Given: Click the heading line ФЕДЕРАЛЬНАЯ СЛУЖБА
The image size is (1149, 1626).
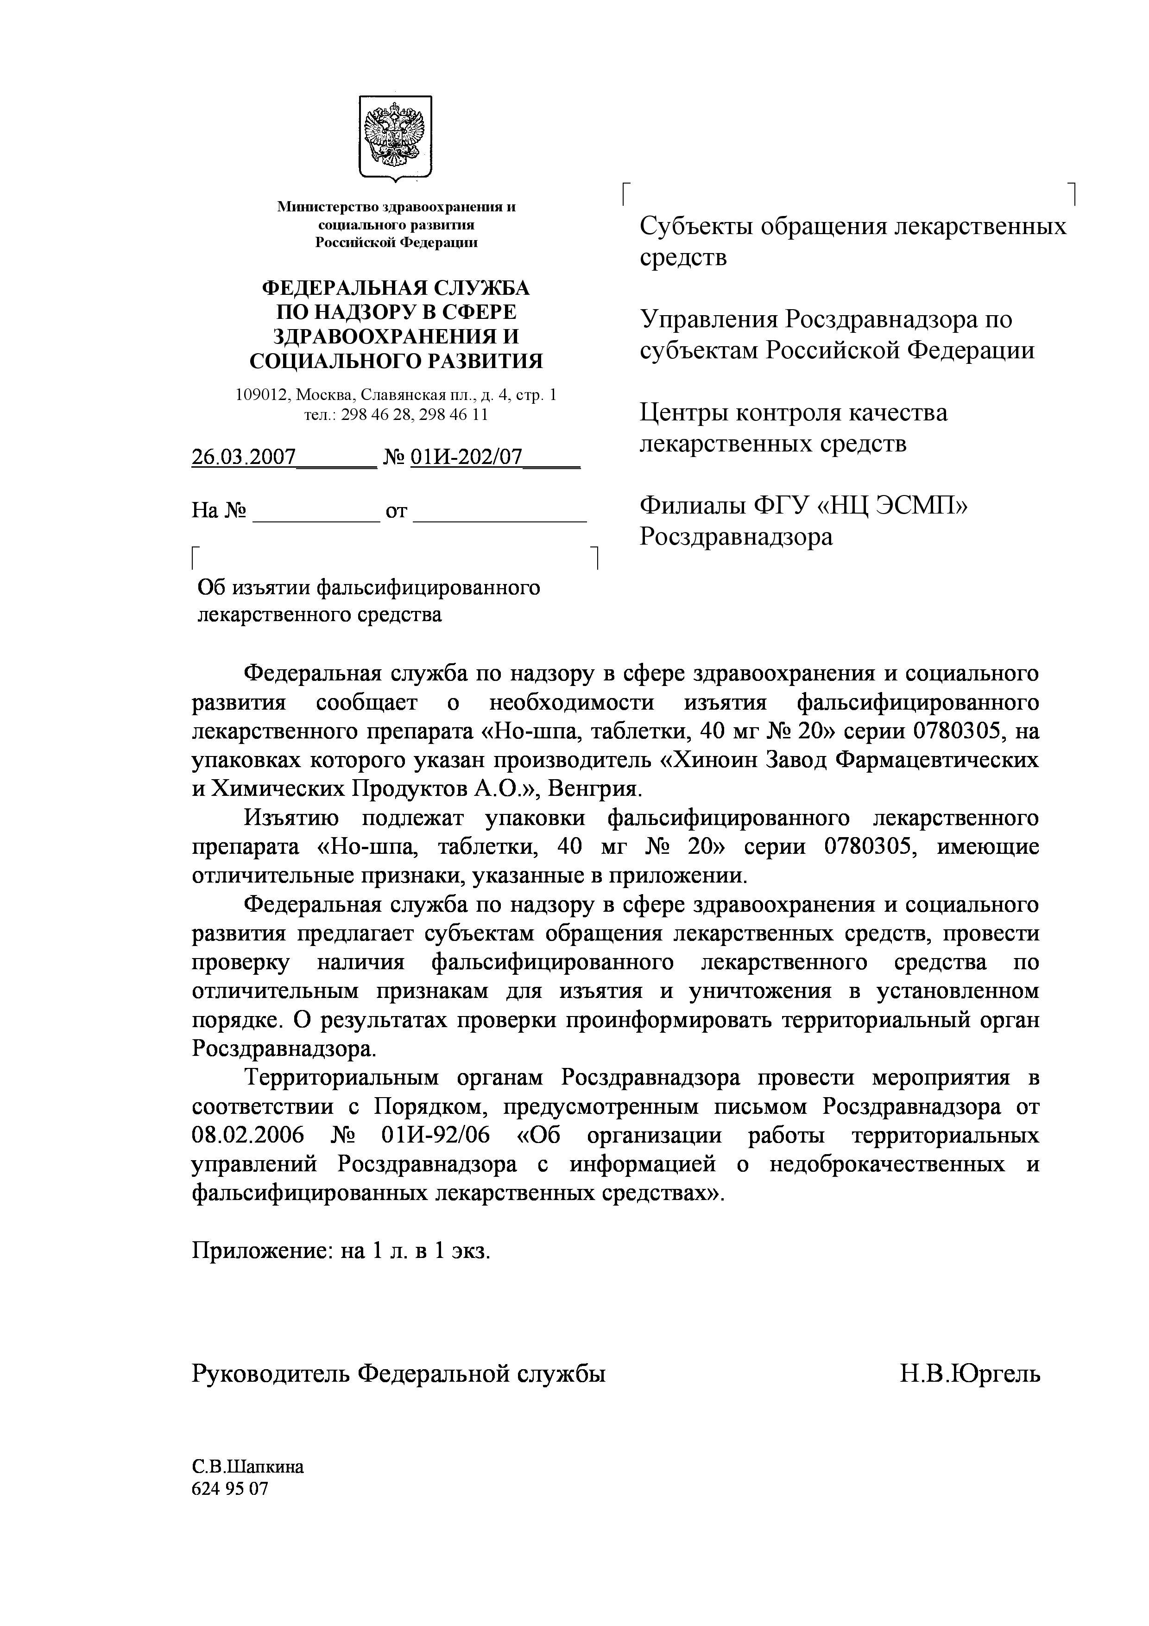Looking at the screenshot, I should [x=396, y=288].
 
